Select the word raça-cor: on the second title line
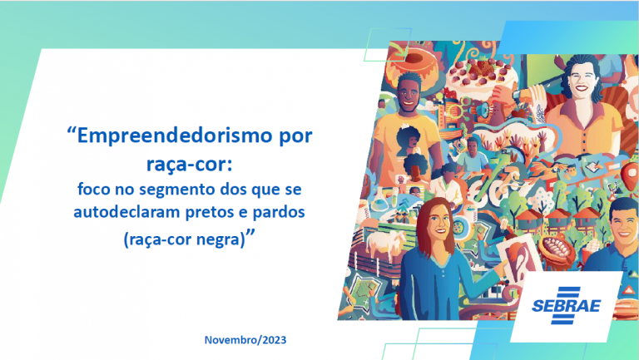(x=190, y=164)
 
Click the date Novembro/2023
(x=245, y=340)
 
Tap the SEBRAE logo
(x=566, y=305)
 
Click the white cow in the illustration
(x=384, y=243)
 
